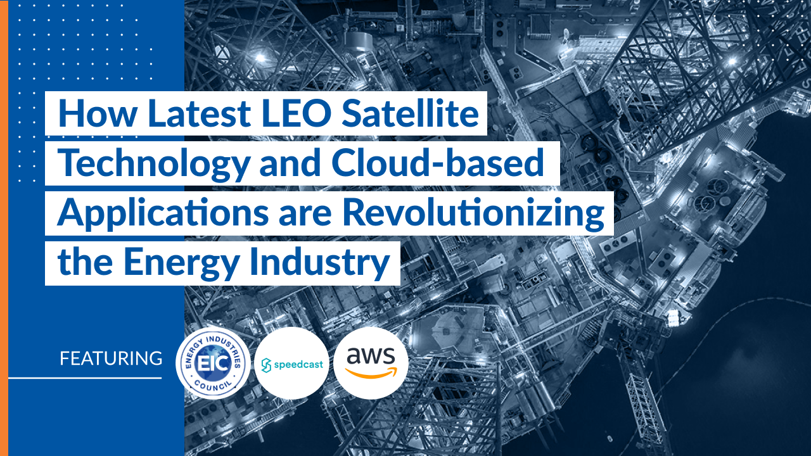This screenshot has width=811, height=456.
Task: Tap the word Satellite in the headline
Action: coord(410,113)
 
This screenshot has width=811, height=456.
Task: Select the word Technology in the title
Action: coord(154,164)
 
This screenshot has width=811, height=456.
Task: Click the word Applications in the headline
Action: coord(163,214)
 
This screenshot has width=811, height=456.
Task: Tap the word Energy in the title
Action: coord(181,263)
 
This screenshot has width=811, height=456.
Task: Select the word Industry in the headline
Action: coord(320,263)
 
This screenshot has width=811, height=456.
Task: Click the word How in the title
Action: coord(98,113)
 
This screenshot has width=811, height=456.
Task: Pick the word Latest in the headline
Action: coord(199,113)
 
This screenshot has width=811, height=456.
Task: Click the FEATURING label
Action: coord(111,358)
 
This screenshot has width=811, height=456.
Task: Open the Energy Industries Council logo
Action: coord(213,363)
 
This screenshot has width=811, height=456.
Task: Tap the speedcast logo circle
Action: coord(292,364)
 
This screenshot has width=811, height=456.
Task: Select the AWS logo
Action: coord(371,364)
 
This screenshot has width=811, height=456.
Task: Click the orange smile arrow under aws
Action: coord(371,373)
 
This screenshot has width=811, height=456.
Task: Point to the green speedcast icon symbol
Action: coord(266,365)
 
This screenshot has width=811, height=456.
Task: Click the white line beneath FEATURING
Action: coord(85,378)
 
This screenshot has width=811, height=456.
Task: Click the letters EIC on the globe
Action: coord(213,363)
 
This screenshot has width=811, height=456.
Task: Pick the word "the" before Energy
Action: coord(85,262)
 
